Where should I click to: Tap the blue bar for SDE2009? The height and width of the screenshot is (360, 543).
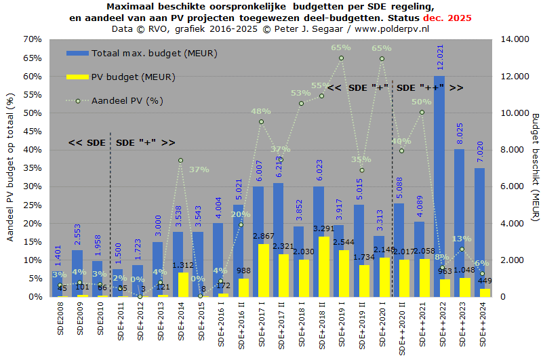point(77,271)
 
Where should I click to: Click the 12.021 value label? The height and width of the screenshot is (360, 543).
point(440,57)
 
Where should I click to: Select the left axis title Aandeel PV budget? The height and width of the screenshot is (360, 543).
point(10,168)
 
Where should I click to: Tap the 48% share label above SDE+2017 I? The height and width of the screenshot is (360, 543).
point(261,111)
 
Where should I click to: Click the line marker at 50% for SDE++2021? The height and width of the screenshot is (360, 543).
point(421,112)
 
